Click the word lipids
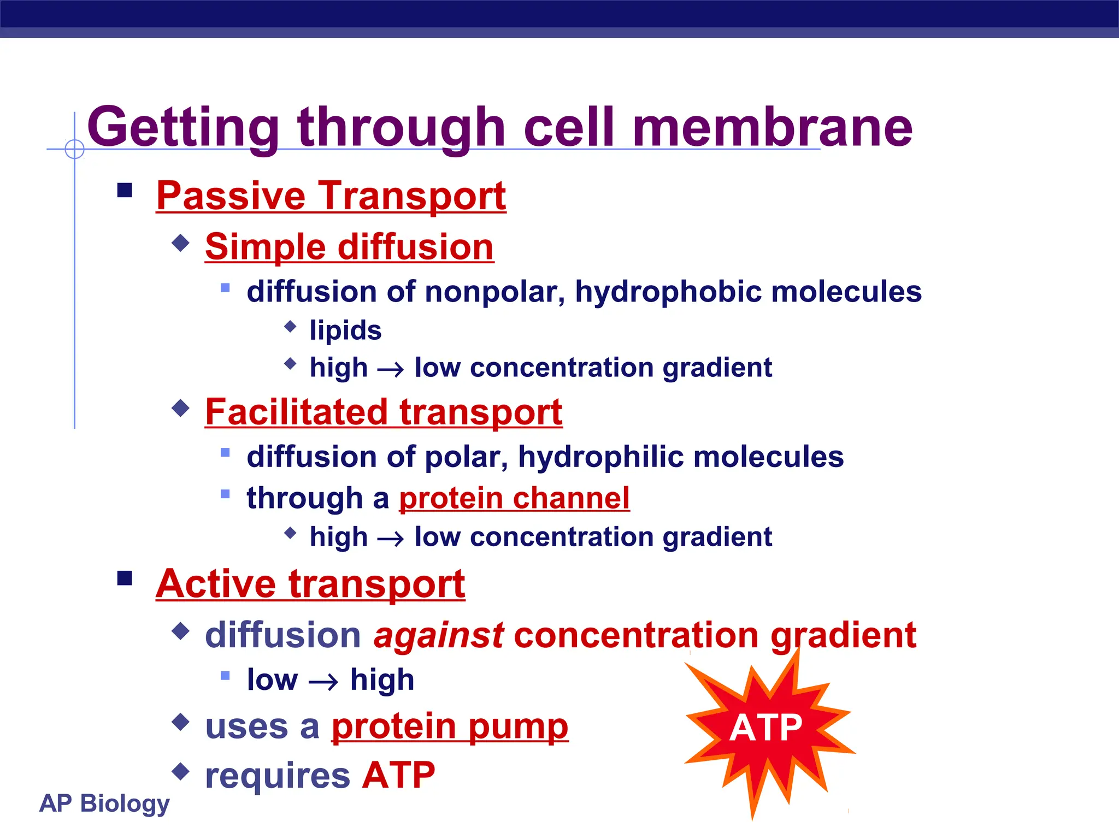click(345, 330)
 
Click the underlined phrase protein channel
click(514, 498)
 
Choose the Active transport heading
click(310, 584)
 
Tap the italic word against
click(438, 635)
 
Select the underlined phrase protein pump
click(450, 726)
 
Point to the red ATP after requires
click(398, 775)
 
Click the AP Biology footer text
click(104, 803)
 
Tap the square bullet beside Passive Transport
click(125, 190)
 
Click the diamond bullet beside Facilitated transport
click(180, 407)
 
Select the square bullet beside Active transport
click(125, 578)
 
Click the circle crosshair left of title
click(74, 149)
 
